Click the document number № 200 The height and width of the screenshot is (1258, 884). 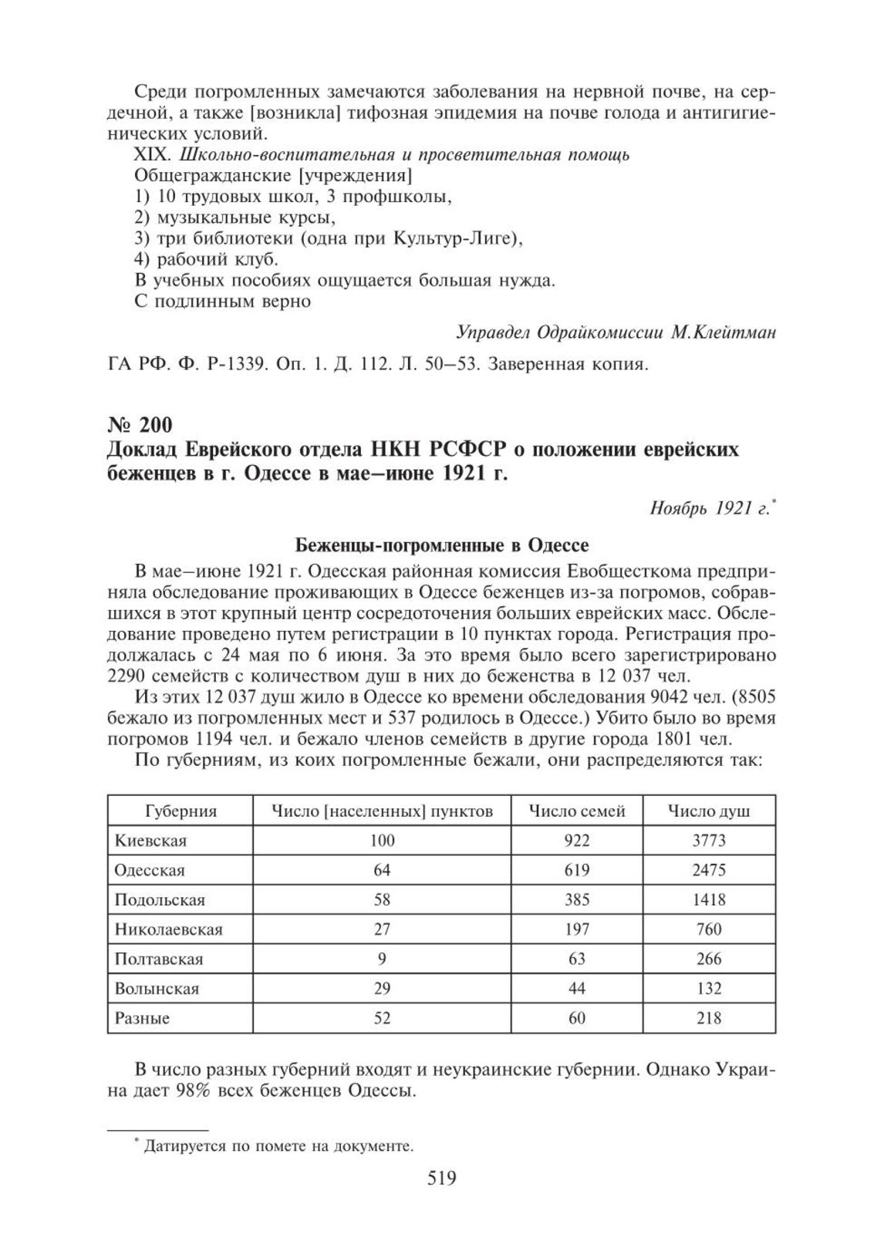[139, 424]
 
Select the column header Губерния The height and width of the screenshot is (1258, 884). [181, 811]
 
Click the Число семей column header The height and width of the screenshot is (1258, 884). [577, 811]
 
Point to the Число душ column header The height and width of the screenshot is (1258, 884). [708, 811]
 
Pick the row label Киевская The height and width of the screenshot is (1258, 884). [150, 840]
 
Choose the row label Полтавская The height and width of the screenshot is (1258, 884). [159, 959]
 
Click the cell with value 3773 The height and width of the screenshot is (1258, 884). [708, 840]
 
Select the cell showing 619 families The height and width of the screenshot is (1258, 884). [577, 870]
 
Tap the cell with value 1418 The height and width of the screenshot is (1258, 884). [708, 899]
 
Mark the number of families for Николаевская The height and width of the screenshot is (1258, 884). [577, 929]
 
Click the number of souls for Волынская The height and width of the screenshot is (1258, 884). [708, 988]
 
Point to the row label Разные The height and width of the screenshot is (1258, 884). [142, 1018]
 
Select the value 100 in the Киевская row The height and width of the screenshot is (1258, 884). [382, 840]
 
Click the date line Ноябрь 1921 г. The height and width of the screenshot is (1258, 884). [705, 508]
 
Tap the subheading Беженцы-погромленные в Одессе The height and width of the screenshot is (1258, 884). [442, 546]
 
